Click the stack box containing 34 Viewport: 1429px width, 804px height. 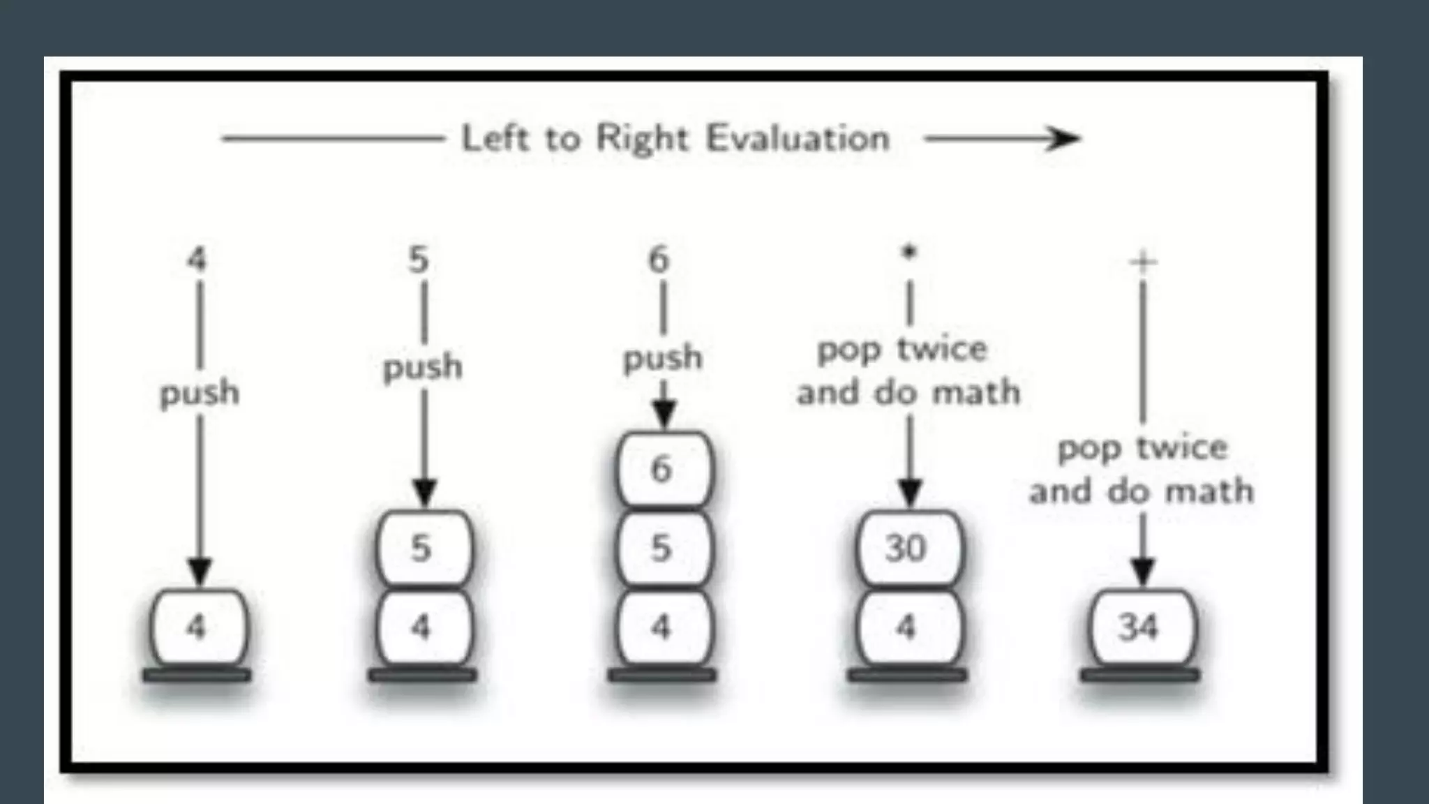[1140, 627]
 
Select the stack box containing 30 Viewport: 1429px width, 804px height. [907, 548]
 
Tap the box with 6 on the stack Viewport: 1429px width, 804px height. [662, 469]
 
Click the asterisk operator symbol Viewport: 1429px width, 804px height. [908, 253]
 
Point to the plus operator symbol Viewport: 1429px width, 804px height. [1143, 262]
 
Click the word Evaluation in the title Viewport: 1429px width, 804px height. [798, 138]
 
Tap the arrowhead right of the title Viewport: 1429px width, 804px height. [1063, 139]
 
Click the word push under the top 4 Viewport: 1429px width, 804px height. [200, 394]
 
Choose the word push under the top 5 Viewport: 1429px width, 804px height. [423, 367]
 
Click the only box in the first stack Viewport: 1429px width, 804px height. [198, 627]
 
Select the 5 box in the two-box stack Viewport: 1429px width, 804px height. [423, 548]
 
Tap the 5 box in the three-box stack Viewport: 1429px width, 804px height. [662, 548]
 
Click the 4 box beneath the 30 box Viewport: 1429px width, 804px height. [907, 627]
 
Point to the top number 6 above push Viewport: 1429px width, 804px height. [659, 260]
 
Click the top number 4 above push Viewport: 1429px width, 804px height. [197, 260]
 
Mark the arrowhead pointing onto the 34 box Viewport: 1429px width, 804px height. [1142, 572]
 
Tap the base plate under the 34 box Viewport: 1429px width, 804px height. [1140, 675]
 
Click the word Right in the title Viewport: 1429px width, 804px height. [642, 138]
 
